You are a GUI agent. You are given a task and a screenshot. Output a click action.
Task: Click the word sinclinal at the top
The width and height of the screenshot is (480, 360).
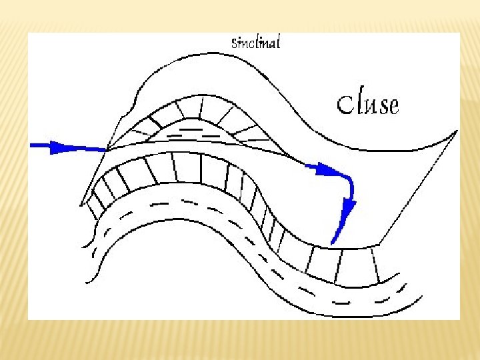(255, 43)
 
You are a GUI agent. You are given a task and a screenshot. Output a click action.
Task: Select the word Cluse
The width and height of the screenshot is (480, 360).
(367, 104)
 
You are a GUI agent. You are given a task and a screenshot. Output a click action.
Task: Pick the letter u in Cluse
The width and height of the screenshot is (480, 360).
(370, 106)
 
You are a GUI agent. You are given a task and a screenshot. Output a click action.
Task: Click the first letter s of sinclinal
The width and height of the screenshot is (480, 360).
(233, 45)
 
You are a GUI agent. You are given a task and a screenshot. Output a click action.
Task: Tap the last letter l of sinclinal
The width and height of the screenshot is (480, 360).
(278, 43)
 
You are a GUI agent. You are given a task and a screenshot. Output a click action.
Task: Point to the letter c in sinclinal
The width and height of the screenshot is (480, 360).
(248, 45)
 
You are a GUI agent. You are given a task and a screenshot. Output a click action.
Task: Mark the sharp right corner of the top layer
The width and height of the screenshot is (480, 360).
(457, 131)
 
